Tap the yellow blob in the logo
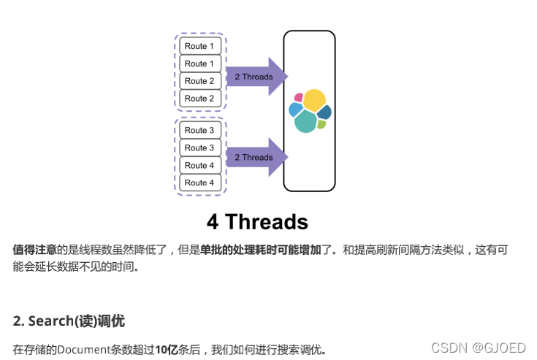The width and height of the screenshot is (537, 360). (313, 100)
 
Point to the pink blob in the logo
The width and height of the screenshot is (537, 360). (298, 97)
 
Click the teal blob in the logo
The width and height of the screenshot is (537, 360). (306, 121)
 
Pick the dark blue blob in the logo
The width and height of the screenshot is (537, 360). (324, 112)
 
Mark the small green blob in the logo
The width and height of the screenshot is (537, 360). (321, 124)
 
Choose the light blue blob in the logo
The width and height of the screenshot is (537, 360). (295, 110)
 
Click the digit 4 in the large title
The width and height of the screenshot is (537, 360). (213, 221)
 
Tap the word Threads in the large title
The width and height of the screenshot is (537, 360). (267, 221)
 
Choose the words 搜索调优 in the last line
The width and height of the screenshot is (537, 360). (299, 349)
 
